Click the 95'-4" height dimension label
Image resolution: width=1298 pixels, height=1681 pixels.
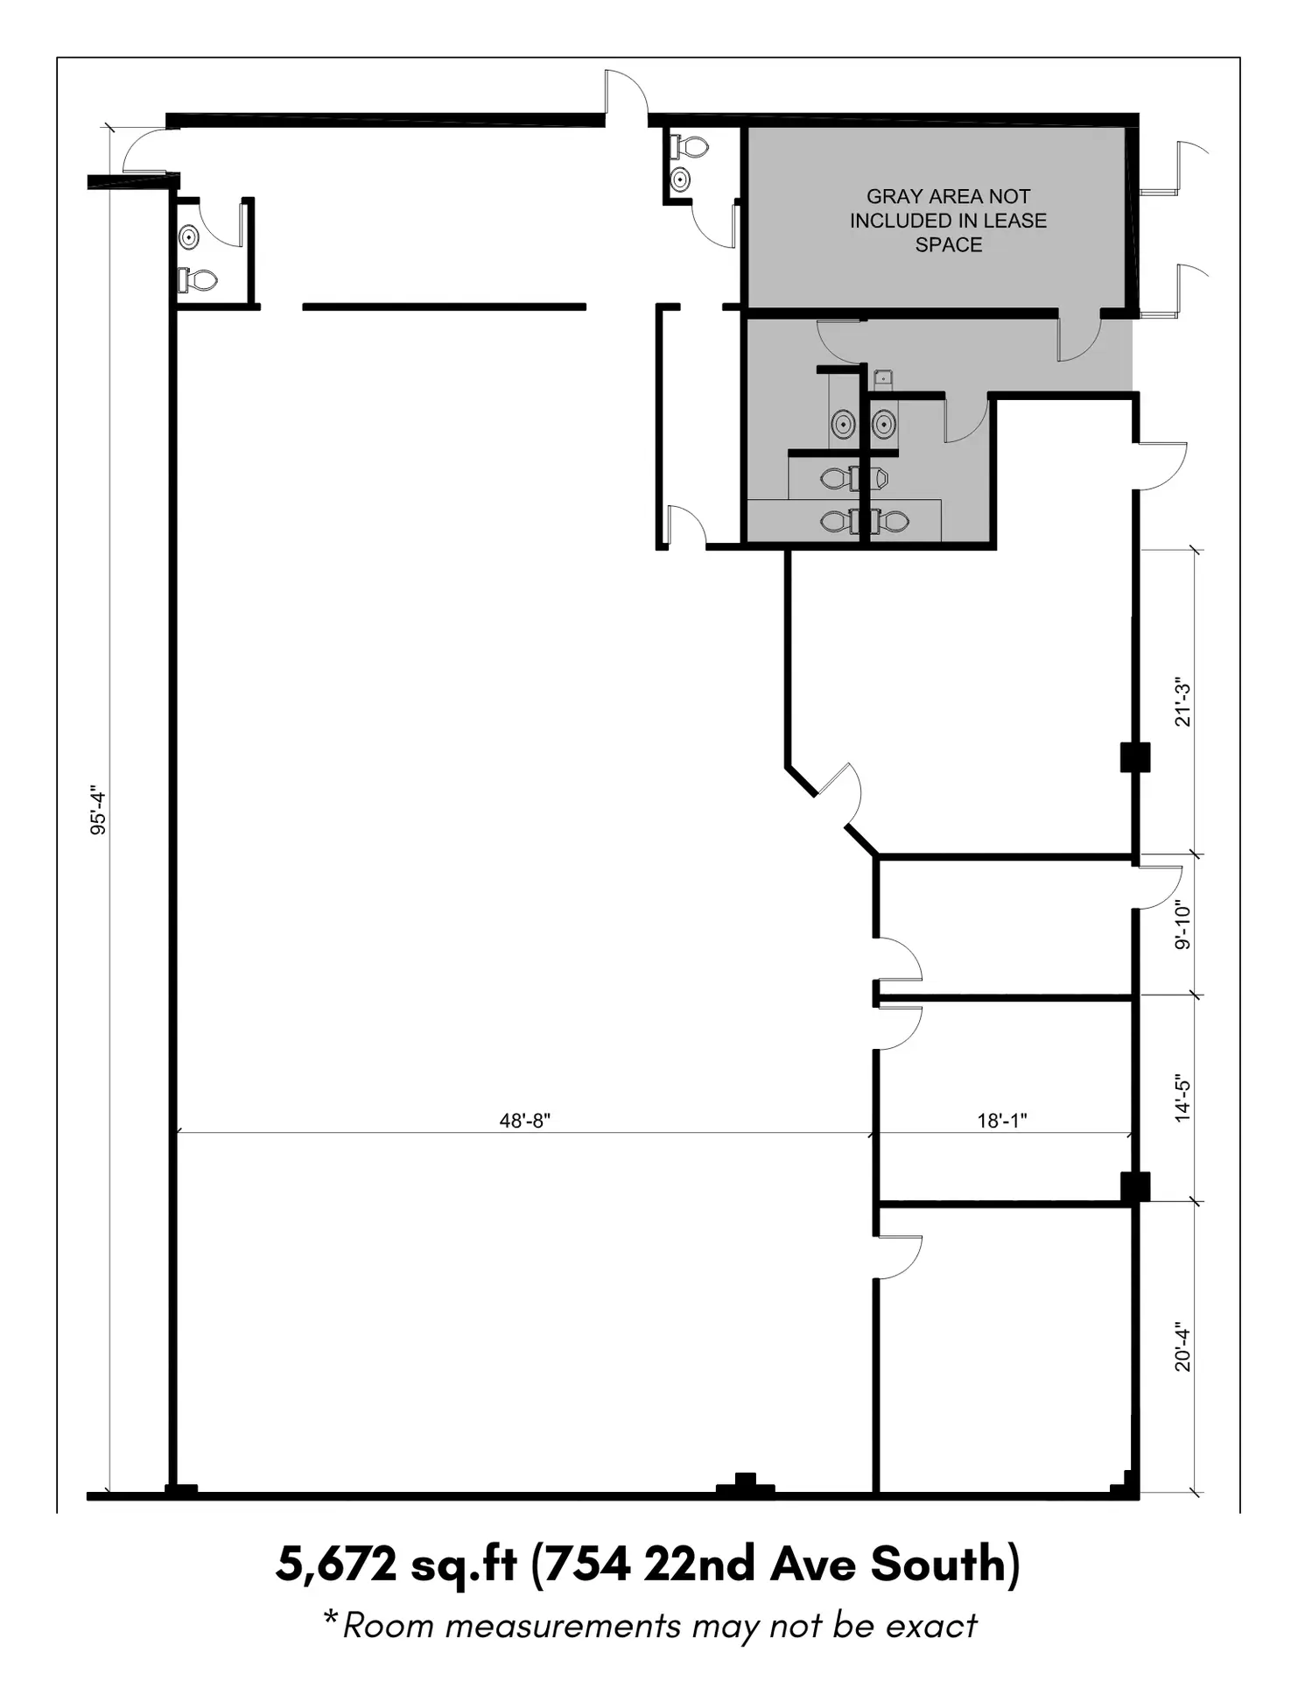point(98,812)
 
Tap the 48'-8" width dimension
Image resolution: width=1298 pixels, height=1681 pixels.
point(525,1120)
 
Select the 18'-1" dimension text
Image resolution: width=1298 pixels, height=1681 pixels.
point(1002,1120)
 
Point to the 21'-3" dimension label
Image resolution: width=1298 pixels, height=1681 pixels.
point(1182,701)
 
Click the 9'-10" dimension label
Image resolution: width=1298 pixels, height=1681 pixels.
point(1182,925)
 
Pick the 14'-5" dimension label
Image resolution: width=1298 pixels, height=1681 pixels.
point(1182,1098)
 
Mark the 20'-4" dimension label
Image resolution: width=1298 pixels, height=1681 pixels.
point(1182,1347)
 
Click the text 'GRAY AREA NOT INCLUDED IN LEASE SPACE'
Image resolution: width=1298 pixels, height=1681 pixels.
point(948,221)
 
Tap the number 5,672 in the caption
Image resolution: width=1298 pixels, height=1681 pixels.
point(336,1564)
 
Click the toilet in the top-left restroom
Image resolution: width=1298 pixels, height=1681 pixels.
point(198,280)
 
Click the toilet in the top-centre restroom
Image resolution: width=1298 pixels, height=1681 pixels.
point(690,146)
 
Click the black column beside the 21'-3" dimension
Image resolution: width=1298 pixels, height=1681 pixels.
point(1135,757)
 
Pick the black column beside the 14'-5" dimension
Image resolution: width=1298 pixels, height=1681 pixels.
point(1135,1187)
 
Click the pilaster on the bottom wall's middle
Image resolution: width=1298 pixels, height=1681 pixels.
point(745,1486)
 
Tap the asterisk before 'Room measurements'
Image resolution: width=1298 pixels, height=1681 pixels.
point(330,1616)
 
